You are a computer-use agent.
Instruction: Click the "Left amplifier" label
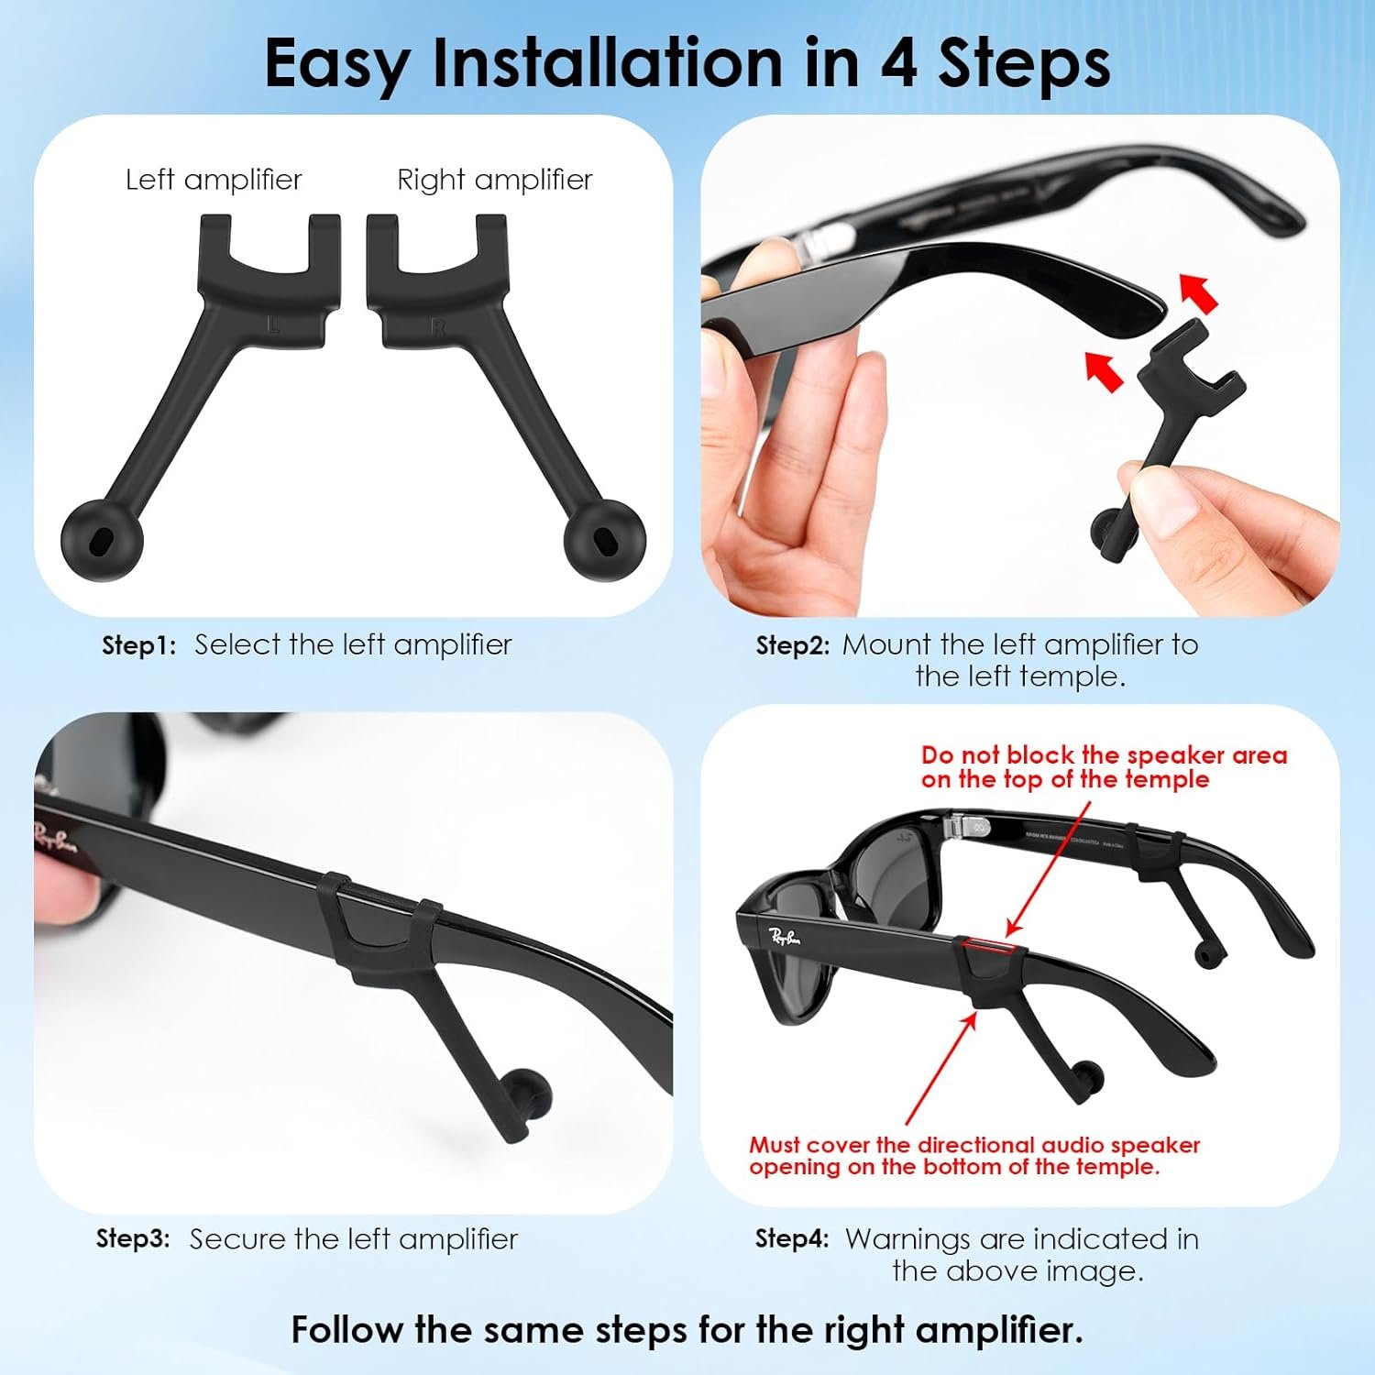click(214, 180)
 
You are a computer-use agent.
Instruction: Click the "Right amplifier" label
click(495, 180)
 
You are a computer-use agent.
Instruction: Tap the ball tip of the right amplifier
click(604, 539)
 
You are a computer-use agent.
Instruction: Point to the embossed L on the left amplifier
click(271, 324)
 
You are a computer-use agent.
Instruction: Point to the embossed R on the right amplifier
click(438, 327)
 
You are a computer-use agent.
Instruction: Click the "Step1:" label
click(138, 645)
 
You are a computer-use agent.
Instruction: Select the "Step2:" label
click(792, 645)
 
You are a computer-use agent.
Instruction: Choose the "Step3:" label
click(133, 1239)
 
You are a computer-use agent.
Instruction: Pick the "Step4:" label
click(792, 1239)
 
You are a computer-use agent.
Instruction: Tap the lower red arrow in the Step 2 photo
click(1105, 370)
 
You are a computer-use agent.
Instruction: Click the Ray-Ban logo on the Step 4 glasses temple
click(786, 937)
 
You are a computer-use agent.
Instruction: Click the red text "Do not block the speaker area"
click(1105, 755)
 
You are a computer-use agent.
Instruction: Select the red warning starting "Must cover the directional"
click(974, 1156)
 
